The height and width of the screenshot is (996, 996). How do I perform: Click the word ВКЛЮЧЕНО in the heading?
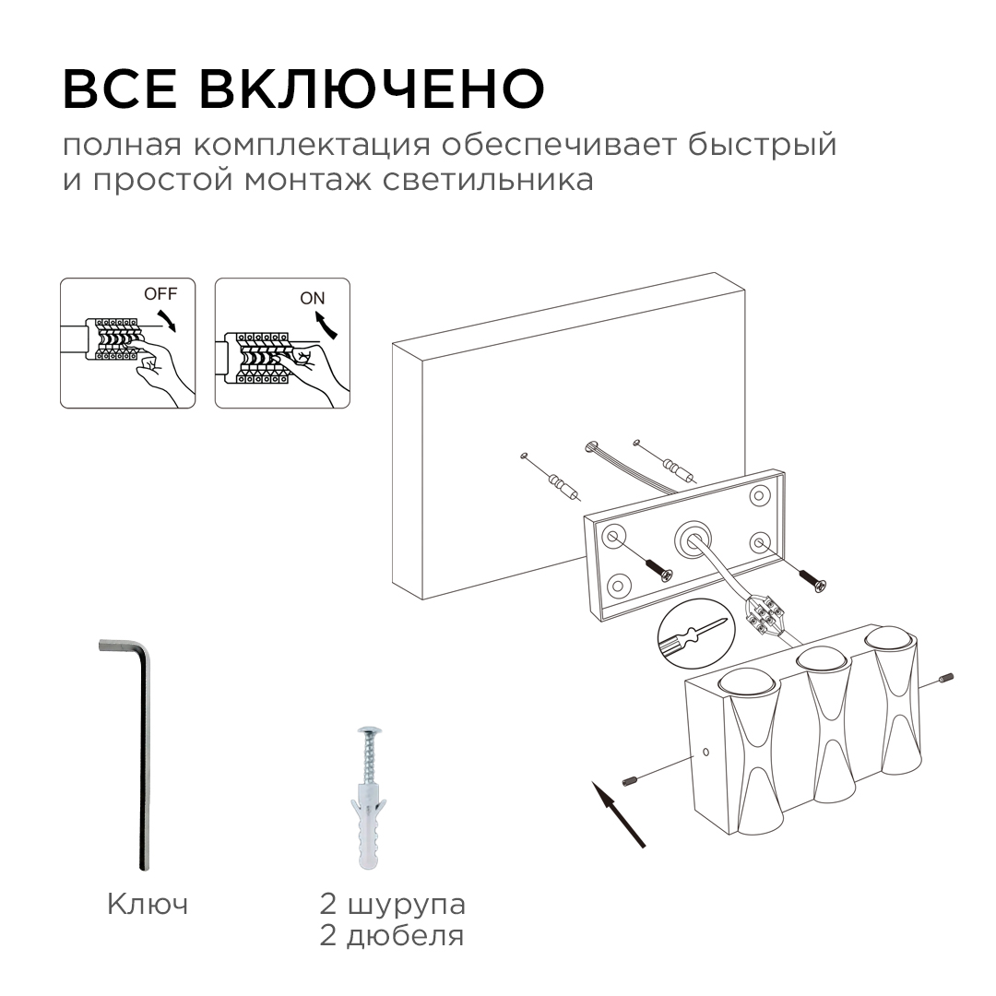point(372,89)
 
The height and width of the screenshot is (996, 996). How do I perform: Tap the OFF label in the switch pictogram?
point(159,294)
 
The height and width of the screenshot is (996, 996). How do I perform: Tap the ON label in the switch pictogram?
point(313,298)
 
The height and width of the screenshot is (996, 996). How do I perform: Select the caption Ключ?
point(148,904)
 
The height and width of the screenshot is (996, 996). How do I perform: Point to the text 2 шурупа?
point(392,904)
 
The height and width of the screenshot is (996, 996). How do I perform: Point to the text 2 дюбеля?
point(392,937)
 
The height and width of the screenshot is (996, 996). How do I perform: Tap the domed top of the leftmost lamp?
point(748,683)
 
